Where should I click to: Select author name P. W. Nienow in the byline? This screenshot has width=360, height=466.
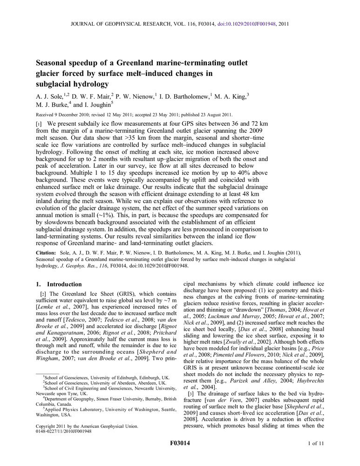[133, 96]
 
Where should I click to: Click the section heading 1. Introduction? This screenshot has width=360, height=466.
[59, 284]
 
